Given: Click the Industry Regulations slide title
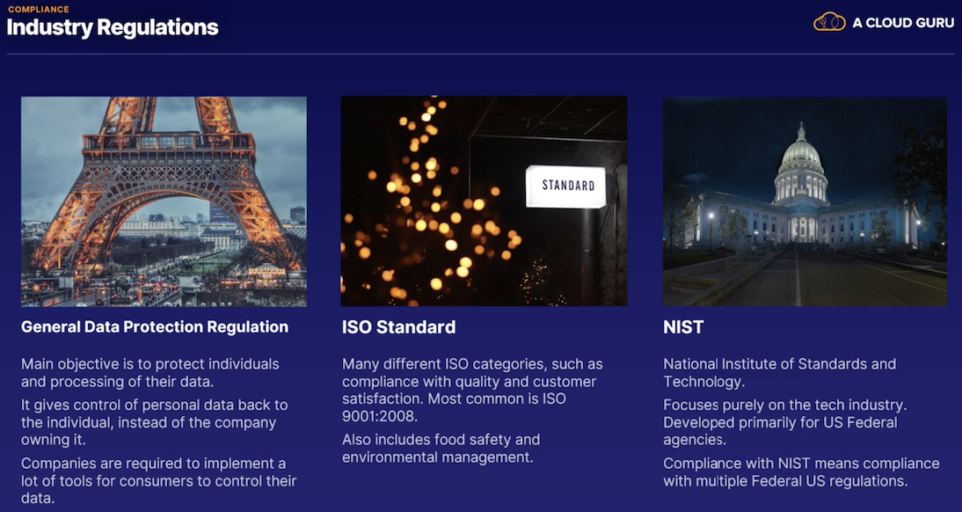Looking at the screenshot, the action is pyautogui.click(x=113, y=27).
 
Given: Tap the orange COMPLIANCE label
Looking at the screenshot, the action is pyautogui.click(x=38, y=9).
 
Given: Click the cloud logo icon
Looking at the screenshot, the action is pyautogui.click(x=829, y=22).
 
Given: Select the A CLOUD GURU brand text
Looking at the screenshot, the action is pyautogui.click(x=903, y=24).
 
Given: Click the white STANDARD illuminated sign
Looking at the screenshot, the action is pyautogui.click(x=565, y=186).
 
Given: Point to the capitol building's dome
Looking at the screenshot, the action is pyautogui.click(x=801, y=153).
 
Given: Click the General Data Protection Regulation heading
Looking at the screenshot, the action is pyautogui.click(x=155, y=326).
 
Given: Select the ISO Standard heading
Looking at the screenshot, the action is pyautogui.click(x=399, y=327).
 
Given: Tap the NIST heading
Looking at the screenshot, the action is pyautogui.click(x=683, y=327).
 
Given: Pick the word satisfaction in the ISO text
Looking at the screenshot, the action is pyautogui.click(x=382, y=399).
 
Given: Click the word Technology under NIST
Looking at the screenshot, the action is pyautogui.click(x=703, y=382).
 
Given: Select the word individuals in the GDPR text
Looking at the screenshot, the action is pyautogui.click(x=244, y=364).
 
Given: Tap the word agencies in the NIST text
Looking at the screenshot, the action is pyautogui.click(x=693, y=440).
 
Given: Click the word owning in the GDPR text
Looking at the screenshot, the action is pyautogui.click(x=44, y=440).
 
